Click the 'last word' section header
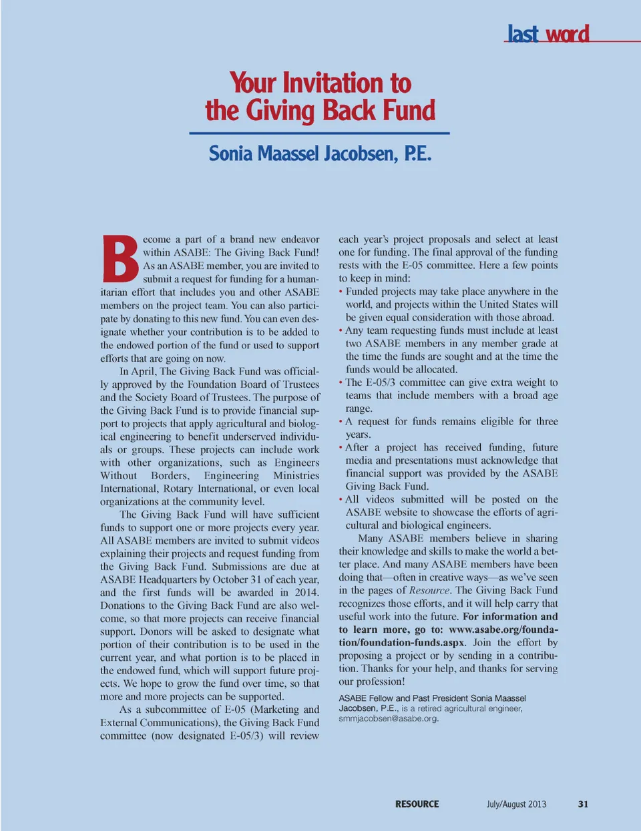click(548, 33)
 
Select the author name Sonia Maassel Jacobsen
click(320, 154)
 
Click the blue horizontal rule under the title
click(319, 133)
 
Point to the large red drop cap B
click(120, 258)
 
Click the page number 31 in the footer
click(583, 804)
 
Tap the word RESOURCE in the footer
click(417, 804)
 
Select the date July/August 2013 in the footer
click(516, 804)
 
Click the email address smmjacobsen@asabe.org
click(389, 719)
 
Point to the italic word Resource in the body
click(429, 591)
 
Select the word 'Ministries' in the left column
click(296, 476)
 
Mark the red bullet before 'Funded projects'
click(341, 292)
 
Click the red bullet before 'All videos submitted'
click(341, 500)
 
